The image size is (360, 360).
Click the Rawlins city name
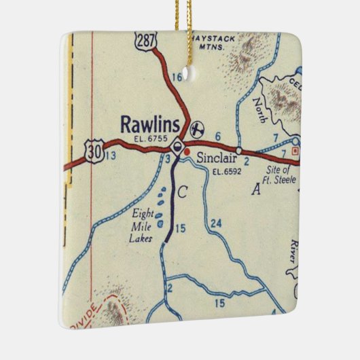pyautogui.click(x=150, y=124)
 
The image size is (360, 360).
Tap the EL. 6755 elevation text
pyautogui.click(x=150, y=139)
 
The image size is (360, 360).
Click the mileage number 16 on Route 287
pyautogui.click(x=177, y=77)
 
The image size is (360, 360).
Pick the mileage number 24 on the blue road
pyautogui.click(x=216, y=223)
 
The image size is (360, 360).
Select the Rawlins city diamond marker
pyautogui.click(x=177, y=145)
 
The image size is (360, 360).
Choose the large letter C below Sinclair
pyautogui.click(x=181, y=193)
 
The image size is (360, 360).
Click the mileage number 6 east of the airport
pyautogui.click(x=218, y=137)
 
